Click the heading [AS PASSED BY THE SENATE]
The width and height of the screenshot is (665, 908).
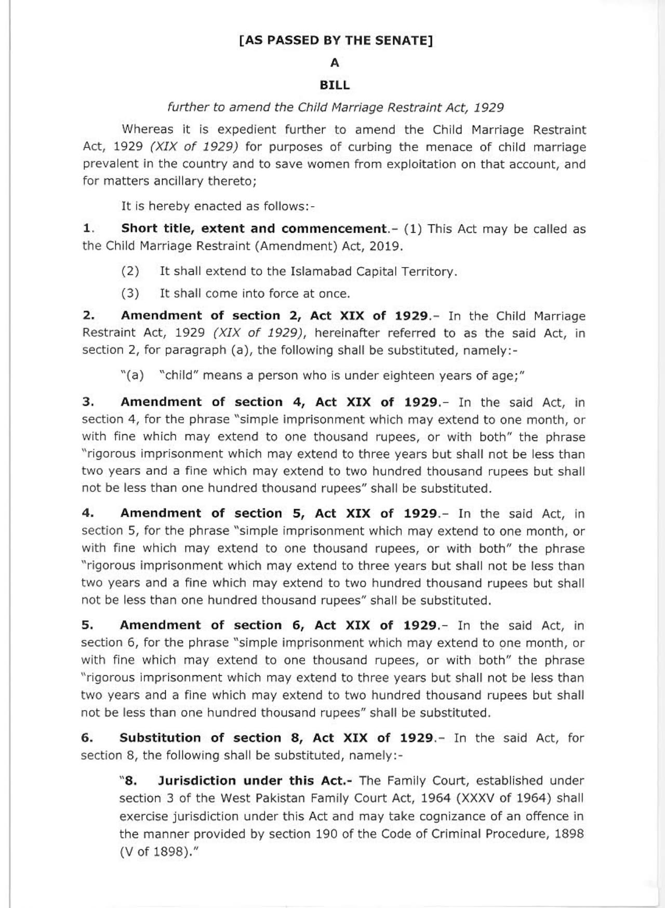(x=336, y=41)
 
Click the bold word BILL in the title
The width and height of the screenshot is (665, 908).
(x=335, y=85)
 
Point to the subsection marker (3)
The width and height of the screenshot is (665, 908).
(x=130, y=293)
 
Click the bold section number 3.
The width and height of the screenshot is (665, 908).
(x=87, y=402)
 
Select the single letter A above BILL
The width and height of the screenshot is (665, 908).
(x=335, y=63)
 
